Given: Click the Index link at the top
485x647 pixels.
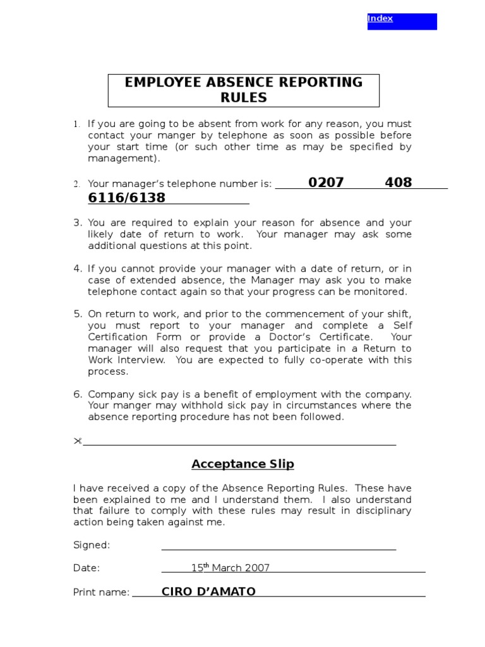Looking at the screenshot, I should tap(380, 18).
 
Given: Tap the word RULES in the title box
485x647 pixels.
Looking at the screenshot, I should tap(244, 98).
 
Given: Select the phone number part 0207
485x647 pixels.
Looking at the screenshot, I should tap(326, 183).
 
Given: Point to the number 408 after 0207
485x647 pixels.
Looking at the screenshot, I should tap(398, 183).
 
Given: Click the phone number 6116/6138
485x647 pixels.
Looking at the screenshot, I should tap(126, 198).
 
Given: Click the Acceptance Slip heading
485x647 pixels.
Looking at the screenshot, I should tap(243, 464).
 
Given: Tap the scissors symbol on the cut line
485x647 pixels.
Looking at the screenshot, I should tap(78, 440).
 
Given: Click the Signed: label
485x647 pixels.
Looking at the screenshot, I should tap(92, 545).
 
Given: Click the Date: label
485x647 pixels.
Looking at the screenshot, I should tap(87, 568).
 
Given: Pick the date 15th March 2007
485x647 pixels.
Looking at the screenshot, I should tap(231, 567).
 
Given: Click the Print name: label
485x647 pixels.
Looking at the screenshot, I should tap(101, 592).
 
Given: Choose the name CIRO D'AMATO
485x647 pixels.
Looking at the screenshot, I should tap(208, 591).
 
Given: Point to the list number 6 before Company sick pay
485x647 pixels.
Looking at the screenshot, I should tap(77, 394).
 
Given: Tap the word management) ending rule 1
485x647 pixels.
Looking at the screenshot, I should tap(124, 159).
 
